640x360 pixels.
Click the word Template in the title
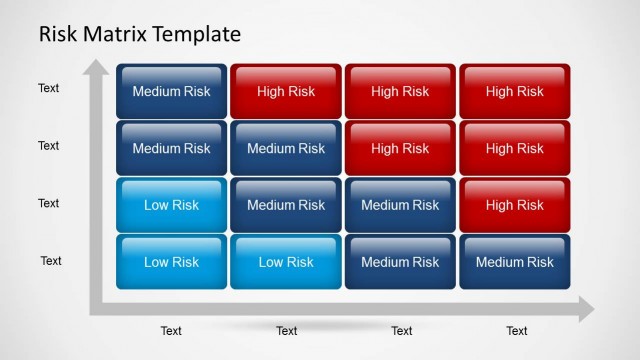tap(198, 34)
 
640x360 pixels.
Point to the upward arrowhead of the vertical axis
tap(96, 69)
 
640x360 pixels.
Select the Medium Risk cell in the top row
tap(172, 91)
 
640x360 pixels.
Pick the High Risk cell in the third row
tap(514, 205)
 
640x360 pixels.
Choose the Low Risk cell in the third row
tap(172, 205)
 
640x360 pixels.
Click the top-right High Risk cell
tap(514, 91)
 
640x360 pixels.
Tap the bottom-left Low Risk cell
tap(172, 262)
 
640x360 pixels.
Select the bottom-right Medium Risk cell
tap(514, 262)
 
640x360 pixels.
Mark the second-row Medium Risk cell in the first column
tap(172, 148)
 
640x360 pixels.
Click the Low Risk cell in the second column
tap(286, 262)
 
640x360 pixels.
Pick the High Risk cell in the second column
tap(286, 91)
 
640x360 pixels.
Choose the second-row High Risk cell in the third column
tap(400, 148)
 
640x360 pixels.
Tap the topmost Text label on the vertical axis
tap(49, 88)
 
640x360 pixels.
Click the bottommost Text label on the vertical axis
tap(51, 261)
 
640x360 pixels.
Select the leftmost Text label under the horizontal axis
tap(172, 331)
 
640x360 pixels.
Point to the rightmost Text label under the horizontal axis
tap(516, 331)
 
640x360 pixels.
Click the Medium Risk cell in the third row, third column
tap(400, 205)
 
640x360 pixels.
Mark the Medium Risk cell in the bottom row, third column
tap(400, 262)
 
